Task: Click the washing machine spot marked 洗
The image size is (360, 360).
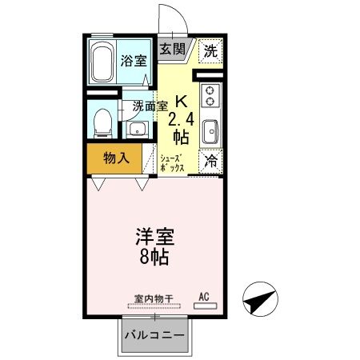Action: [210, 49]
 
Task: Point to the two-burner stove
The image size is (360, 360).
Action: [210, 96]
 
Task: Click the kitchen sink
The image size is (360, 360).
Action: [210, 130]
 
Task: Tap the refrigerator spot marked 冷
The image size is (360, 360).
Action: [210, 159]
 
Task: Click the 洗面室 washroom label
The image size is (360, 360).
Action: [150, 105]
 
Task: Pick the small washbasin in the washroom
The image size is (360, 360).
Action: [135, 129]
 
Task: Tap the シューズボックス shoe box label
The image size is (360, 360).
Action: [172, 163]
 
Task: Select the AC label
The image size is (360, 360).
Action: [202, 298]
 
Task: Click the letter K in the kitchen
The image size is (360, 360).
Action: [181, 102]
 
